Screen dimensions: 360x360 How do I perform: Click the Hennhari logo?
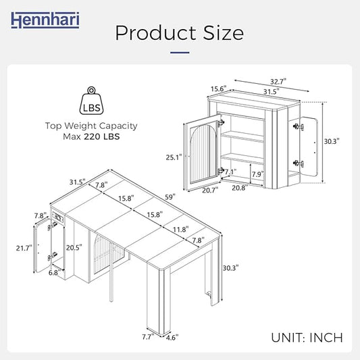coord(45,20)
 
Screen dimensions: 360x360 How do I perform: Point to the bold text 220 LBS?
coord(102,136)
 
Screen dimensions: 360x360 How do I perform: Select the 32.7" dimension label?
coord(278,81)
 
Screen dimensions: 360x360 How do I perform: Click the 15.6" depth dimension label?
coord(219,88)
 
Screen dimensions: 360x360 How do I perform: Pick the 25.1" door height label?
coord(174,157)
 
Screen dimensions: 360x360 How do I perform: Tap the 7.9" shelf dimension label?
coord(257,174)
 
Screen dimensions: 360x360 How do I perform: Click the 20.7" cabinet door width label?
coord(210,190)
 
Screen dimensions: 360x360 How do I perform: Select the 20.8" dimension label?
coord(240,188)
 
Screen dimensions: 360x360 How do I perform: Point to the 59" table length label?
coord(170,197)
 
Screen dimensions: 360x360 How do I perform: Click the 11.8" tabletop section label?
coord(181,229)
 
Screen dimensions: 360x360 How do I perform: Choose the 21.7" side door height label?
coord(24,248)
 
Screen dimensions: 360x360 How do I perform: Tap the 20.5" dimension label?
coord(74,247)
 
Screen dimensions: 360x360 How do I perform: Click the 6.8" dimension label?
coord(55,273)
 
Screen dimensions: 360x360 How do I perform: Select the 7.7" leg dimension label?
coord(148,337)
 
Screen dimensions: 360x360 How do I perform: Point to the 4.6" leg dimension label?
coord(172,338)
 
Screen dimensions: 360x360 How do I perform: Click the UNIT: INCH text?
coord(307,338)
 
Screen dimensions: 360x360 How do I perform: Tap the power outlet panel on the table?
coord(58,217)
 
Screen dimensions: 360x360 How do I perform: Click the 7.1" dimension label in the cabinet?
coord(230,172)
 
